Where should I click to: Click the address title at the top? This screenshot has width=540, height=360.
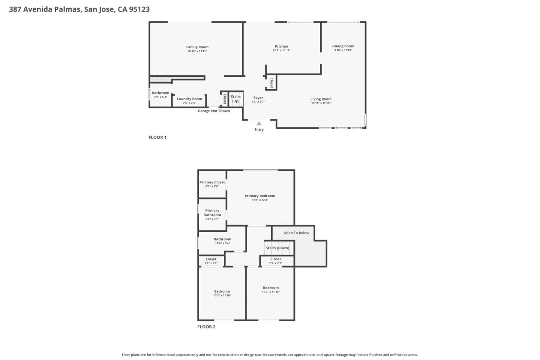79,9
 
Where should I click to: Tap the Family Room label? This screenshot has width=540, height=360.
197,47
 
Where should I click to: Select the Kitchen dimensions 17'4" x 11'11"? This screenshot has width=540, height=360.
281,51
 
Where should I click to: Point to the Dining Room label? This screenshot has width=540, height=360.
343,46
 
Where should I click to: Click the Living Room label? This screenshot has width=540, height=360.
321,99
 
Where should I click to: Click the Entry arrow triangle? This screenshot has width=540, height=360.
259,123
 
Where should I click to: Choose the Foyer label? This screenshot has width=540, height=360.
258,98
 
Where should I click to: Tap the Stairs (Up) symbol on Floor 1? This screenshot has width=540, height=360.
236,99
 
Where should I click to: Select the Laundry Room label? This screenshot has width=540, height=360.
189,99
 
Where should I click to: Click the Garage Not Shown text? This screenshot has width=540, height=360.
214,111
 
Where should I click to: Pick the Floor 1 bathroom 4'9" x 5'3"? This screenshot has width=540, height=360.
160,95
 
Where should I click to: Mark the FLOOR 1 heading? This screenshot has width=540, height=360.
157,137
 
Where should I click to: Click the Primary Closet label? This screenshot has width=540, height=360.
212,182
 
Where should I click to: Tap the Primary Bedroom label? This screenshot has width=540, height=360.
260,196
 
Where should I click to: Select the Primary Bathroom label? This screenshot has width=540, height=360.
212,213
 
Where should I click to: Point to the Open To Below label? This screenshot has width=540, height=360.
296,233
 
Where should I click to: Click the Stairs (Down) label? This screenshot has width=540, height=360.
277,248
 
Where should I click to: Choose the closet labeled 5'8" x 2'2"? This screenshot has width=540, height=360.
211,261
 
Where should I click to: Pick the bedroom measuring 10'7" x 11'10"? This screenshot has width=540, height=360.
271,290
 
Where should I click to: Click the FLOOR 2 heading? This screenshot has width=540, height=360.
206,327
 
